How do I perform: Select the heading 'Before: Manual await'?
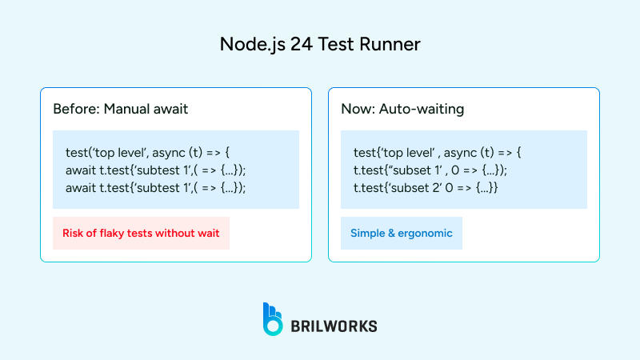coord(120,109)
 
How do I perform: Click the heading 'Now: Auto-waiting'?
coord(402,109)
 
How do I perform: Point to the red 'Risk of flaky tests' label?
coord(141,234)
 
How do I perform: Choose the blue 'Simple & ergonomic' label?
coord(402,234)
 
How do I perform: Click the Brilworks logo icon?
coord(273,318)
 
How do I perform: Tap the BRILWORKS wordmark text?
coord(335,326)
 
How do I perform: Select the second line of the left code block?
coord(155,170)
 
